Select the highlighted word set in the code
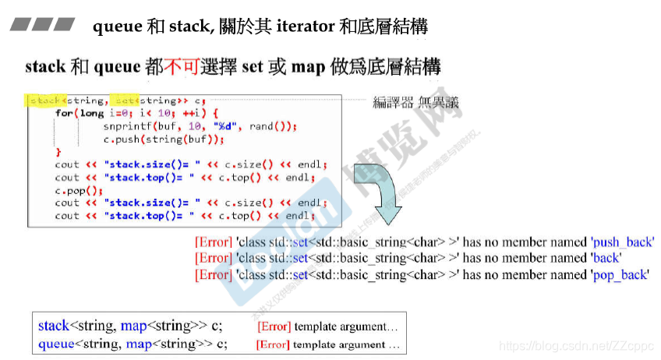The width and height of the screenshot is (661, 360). pos(125,101)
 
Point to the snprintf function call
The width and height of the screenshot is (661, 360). pos(126,126)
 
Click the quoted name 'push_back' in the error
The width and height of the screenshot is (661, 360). pos(621,242)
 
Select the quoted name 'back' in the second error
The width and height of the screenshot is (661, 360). pos(605,258)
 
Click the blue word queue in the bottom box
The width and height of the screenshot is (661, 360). pos(56,342)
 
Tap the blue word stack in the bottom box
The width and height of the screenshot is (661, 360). pos(53,326)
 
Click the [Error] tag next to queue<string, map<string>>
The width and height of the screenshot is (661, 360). pos(273,344)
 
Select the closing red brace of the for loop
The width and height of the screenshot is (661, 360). pos(58,152)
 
